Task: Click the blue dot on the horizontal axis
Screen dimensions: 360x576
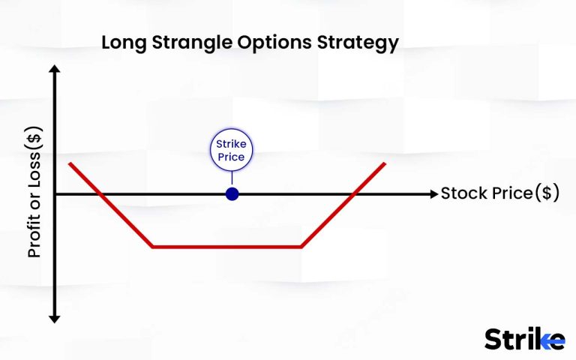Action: point(232,194)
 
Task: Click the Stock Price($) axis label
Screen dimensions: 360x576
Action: point(499,193)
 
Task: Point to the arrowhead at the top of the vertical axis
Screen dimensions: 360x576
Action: point(54,70)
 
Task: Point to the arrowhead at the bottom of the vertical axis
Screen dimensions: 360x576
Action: point(54,318)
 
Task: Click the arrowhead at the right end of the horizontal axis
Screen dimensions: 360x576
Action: point(433,194)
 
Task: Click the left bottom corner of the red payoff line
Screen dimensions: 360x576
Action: point(152,247)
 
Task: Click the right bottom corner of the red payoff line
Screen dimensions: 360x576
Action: point(301,247)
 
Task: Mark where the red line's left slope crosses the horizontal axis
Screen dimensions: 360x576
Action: point(100,194)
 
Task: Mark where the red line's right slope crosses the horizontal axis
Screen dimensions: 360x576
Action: point(352,194)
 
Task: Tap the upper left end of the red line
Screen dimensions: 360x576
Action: point(69,163)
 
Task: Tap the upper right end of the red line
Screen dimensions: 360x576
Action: point(385,163)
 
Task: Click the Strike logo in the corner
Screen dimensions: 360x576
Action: point(524,338)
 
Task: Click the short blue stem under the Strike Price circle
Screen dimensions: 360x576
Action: point(232,178)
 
